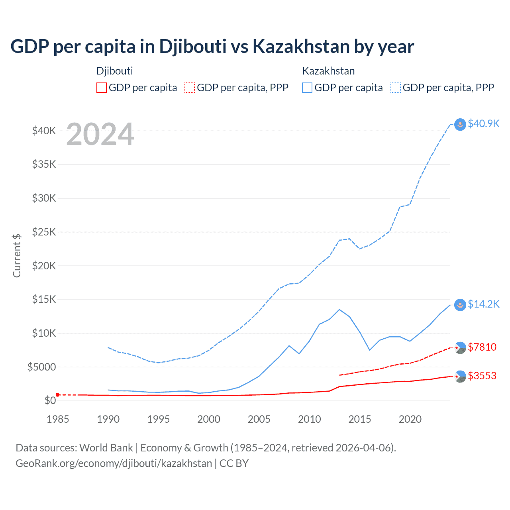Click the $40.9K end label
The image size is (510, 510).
[483, 124]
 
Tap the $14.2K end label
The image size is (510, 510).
[483, 304]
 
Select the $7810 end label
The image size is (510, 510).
[482, 347]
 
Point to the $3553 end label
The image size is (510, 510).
[482, 376]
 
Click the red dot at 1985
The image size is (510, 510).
[58, 395]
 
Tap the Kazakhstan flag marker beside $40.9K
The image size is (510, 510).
[460, 124]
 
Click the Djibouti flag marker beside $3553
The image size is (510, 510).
[460, 376]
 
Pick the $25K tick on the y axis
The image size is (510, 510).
[44, 232]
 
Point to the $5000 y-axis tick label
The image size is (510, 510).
[41, 367]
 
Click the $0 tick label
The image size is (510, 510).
[50, 401]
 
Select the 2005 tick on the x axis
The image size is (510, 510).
[259, 419]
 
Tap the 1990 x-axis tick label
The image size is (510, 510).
[108, 419]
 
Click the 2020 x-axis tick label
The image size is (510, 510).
[410, 419]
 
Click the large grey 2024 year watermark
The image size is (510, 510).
[100, 134]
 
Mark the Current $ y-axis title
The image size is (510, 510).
[17, 256]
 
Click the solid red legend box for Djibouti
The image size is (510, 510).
[102, 88]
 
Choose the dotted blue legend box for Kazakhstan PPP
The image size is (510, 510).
[396, 88]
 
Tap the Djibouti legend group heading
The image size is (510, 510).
[115, 71]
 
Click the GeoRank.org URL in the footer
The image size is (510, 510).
[114, 463]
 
